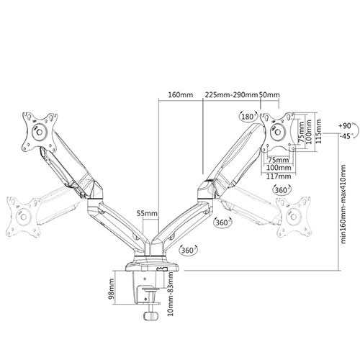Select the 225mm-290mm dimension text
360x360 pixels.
click(230, 94)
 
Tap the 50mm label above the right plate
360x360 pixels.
click(269, 94)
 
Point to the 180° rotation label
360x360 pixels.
click(247, 117)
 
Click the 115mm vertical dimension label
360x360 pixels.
click(318, 132)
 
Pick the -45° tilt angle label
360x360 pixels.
click(346, 136)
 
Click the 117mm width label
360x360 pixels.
click(279, 176)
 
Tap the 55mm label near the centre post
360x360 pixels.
click(147, 213)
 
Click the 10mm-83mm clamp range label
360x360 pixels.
click(170, 294)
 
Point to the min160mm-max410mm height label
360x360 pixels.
click(343, 204)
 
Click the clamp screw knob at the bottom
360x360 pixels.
click(150, 315)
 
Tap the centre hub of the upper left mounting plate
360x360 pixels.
click(40, 132)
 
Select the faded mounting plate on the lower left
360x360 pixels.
click(23, 217)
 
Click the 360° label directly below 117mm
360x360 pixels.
click(282, 190)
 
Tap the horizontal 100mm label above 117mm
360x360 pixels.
click(279, 168)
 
